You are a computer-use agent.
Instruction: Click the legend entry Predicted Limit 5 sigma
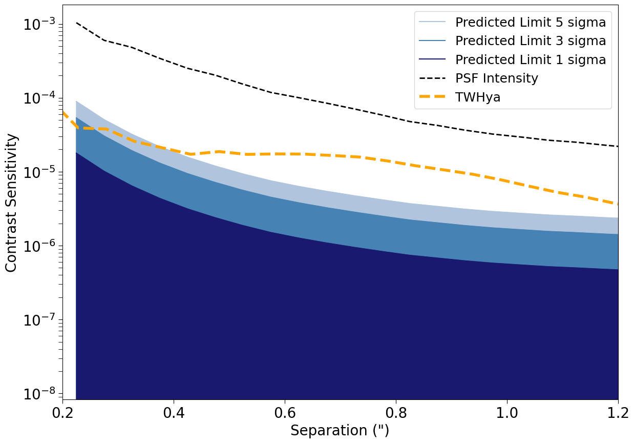(x=531, y=23)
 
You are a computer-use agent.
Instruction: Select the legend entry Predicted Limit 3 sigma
(x=531, y=41)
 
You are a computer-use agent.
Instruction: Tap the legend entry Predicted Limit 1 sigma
(x=531, y=60)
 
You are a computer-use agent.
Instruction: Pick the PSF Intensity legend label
(x=497, y=78)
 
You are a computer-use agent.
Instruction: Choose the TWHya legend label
(x=478, y=97)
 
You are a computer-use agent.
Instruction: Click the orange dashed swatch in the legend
(x=433, y=97)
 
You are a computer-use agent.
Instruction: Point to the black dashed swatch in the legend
(x=433, y=78)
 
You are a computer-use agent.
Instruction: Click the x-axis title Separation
(x=340, y=431)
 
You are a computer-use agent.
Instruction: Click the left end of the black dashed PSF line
(x=76, y=23)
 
